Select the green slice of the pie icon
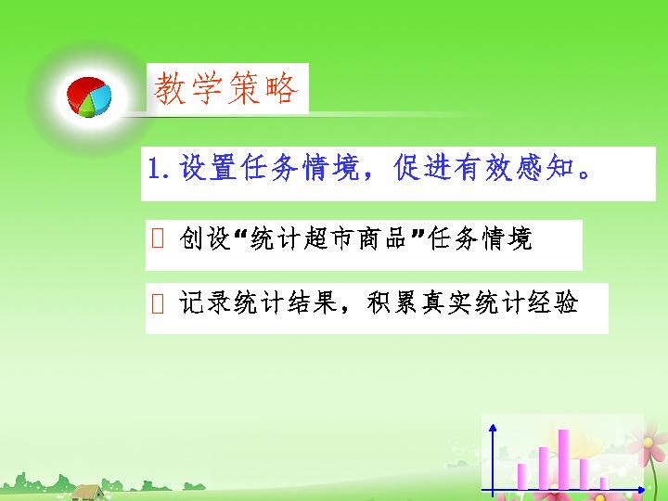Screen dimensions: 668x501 click(86, 109)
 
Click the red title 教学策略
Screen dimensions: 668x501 click(225, 88)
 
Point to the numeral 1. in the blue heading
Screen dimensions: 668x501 click(159, 167)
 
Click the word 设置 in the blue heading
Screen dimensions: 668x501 click(208, 167)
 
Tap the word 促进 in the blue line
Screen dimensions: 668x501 click(422, 167)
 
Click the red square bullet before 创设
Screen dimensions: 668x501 click(158, 238)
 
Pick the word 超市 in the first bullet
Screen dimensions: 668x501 click(330, 238)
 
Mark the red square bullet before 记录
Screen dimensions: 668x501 click(158, 303)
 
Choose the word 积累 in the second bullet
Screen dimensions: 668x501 click(392, 302)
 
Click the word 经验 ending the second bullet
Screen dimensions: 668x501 click(553, 302)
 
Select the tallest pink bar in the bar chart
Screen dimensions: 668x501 click(563, 459)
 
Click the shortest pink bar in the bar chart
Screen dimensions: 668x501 click(604, 483)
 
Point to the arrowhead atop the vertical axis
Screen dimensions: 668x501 click(493, 428)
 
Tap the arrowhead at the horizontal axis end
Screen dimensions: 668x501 click(641, 490)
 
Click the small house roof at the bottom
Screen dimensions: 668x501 click(87, 491)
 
